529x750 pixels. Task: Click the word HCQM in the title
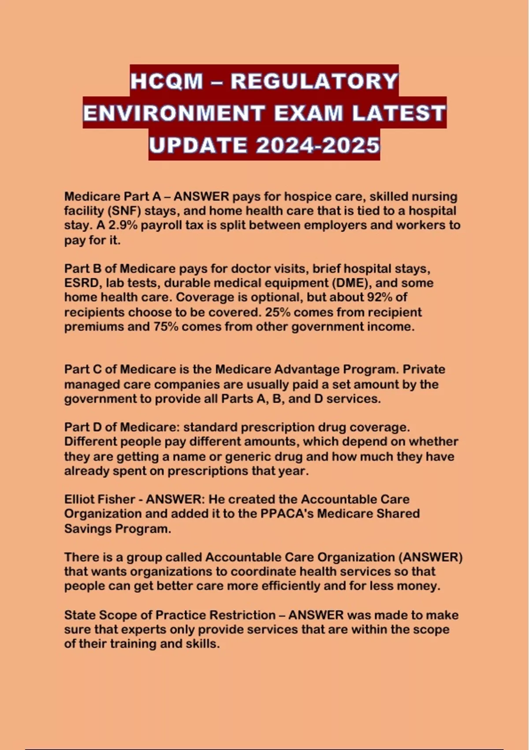pyautogui.click(x=167, y=81)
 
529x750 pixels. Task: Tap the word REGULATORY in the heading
pyautogui.click(x=314, y=81)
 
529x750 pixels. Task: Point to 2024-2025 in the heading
pyautogui.click(x=317, y=146)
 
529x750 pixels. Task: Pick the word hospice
pyautogui.click(x=305, y=196)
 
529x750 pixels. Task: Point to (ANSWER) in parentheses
pyautogui.click(x=430, y=557)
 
